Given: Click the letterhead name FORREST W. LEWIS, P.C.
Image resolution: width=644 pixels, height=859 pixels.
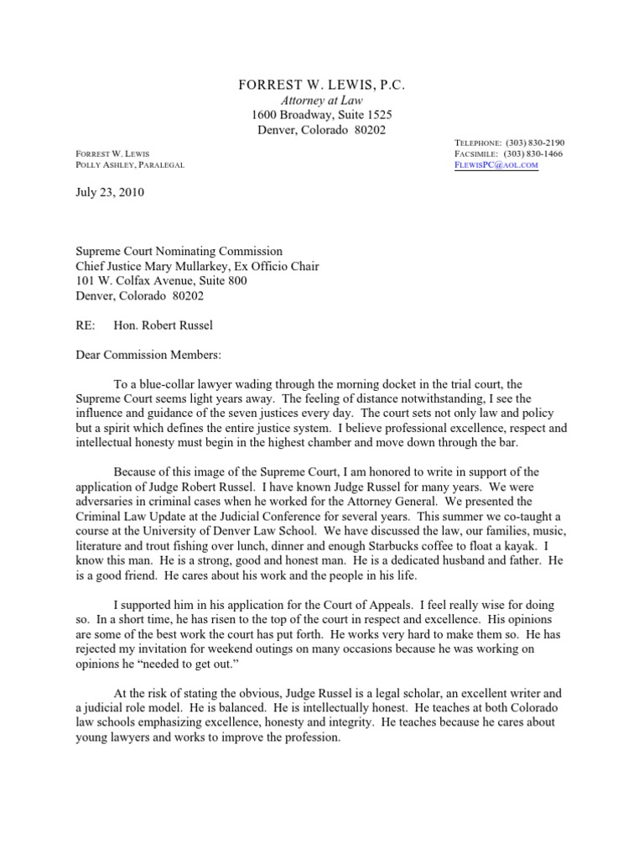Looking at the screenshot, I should [x=322, y=85].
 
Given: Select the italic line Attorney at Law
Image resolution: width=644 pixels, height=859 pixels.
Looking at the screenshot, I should [x=322, y=100].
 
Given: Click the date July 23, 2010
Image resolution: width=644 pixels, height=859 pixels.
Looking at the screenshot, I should [x=110, y=192].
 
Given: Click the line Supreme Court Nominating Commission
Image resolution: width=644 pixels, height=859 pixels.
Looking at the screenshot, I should [x=179, y=251].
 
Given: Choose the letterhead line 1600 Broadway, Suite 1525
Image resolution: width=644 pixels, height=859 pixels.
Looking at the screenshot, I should [x=322, y=115].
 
